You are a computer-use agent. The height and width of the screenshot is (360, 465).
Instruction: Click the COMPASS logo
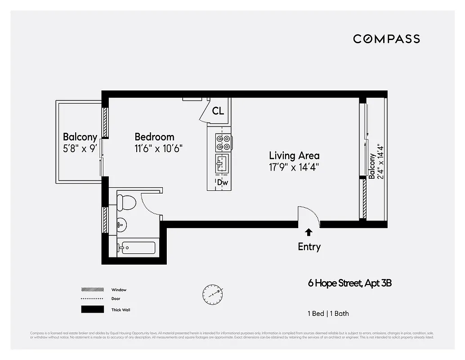coord(386,39)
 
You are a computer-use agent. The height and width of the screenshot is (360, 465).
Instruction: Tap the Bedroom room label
coord(154,137)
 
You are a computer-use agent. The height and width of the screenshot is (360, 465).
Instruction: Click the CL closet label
coord(218,111)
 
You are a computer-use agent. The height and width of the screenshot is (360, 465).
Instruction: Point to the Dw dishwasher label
coord(222,183)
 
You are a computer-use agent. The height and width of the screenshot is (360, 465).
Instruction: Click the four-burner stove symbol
coord(223,142)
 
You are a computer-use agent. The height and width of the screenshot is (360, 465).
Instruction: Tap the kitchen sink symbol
coord(222,162)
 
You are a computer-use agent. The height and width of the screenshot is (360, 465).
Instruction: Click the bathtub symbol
coord(138,248)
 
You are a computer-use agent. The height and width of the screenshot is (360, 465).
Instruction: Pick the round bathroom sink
coord(121,224)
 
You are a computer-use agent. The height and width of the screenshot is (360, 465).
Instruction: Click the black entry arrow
coord(309,232)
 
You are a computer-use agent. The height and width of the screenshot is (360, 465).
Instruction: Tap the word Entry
coord(309,247)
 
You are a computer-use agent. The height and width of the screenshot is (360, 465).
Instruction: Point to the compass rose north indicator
coord(212,294)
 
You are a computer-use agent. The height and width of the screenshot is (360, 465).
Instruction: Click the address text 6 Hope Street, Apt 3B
coord(353,283)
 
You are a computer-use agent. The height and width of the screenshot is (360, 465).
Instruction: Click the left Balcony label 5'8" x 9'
coord(80,142)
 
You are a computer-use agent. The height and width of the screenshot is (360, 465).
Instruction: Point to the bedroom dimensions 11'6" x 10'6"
coord(159,148)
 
